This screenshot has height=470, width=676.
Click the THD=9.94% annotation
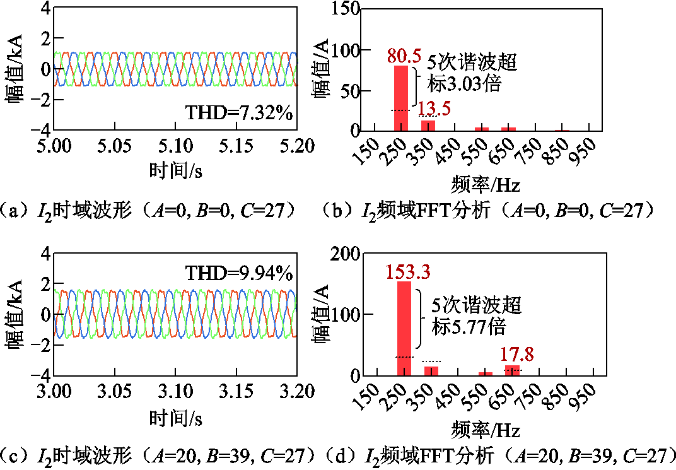(239, 273)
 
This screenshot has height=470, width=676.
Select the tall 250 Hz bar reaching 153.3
(404, 328)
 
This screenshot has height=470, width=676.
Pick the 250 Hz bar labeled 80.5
(401, 98)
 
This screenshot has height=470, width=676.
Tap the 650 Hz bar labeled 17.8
(512, 370)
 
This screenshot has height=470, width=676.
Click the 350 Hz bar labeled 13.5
(428, 125)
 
